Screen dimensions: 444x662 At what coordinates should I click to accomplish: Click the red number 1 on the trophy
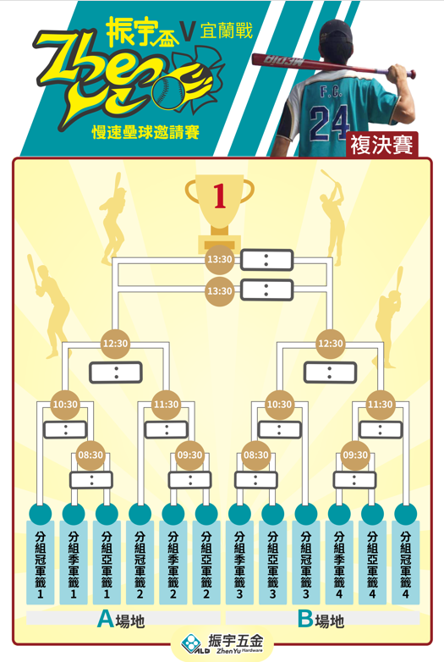pos(220,196)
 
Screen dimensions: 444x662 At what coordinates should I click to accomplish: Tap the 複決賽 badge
pos(382,145)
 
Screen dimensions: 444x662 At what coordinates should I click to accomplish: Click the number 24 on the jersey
pos(329,123)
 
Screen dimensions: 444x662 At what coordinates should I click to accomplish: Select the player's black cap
pos(336,32)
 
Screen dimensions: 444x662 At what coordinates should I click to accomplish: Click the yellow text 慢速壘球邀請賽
pos(145,133)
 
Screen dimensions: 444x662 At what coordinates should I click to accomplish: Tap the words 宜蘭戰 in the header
pos(227,31)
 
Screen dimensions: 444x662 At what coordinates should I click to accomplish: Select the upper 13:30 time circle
pos(219,259)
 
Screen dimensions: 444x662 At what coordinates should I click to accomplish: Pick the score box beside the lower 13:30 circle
pos(266,290)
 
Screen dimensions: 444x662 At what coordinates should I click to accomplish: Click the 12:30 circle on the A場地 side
pos(115,344)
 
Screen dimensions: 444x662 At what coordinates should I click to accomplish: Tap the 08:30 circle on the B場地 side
pos(256,455)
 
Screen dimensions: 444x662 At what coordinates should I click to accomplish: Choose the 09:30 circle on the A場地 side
pos(189,455)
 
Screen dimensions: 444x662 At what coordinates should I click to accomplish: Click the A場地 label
pos(121,620)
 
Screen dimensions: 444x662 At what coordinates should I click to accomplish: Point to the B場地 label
pos(321,620)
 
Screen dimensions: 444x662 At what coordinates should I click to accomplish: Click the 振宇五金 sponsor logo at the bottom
pos(222,643)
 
